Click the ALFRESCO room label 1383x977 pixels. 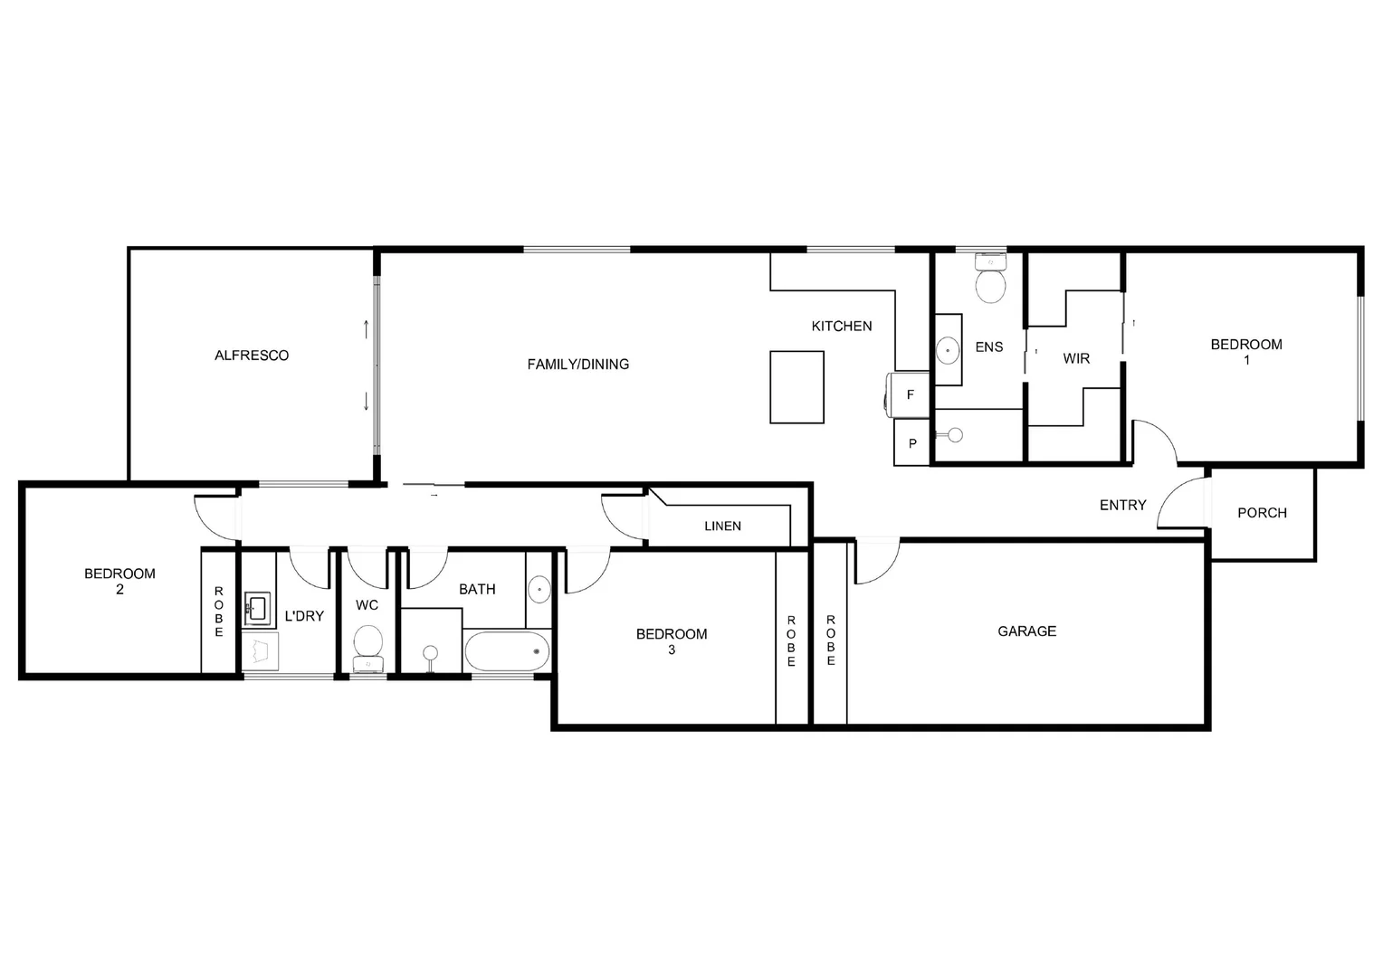point(252,356)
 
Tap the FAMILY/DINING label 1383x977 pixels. point(577,365)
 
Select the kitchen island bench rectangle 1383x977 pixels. point(796,387)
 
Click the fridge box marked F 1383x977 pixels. point(911,394)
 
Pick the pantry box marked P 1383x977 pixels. point(911,443)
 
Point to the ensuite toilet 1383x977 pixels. point(990,281)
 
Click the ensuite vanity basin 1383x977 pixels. point(949,348)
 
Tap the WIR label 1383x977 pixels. point(1076,359)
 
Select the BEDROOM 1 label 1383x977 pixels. point(1246,351)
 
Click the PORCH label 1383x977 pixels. point(1262,513)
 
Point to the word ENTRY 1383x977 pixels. point(1122,506)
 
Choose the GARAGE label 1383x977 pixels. point(1026,631)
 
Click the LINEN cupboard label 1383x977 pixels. point(722,526)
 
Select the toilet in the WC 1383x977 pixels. point(367,645)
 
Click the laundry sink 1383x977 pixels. point(258,607)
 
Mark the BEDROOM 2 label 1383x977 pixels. point(119,581)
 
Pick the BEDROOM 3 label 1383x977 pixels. point(672,641)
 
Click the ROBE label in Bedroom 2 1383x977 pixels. point(219,612)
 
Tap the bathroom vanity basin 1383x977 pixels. point(539,590)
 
